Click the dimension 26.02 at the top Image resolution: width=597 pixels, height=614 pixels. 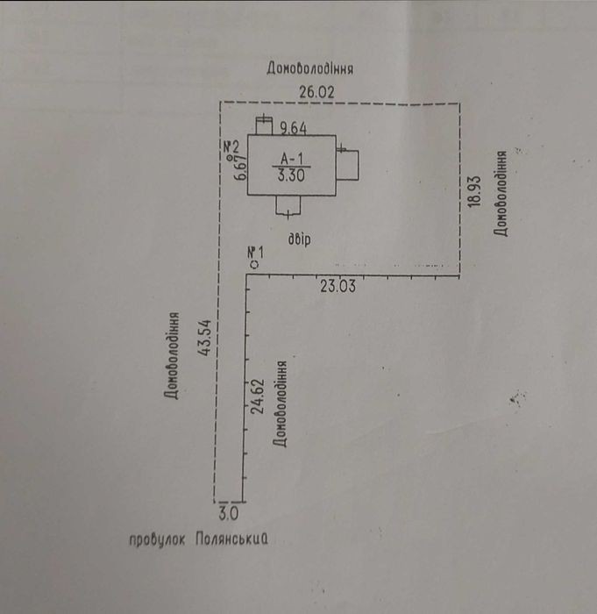[x=317, y=92]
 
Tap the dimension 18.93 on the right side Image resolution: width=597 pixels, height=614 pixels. [x=474, y=191]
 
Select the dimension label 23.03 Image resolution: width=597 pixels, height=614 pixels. [x=338, y=286]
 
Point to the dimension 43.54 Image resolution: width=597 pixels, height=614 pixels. [x=205, y=338]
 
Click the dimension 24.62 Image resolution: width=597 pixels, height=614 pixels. [x=258, y=396]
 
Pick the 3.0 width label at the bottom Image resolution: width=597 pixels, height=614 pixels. [x=228, y=513]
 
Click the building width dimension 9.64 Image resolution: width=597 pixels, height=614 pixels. [x=293, y=128]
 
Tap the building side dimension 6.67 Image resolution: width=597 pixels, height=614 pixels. [x=240, y=168]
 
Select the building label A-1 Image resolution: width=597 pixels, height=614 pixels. [x=292, y=159]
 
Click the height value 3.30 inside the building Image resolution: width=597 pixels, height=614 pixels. [x=291, y=175]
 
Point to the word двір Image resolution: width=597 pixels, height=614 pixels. [x=300, y=239]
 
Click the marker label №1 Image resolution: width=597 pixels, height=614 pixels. [x=256, y=253]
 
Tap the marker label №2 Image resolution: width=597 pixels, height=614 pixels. [x=231, y=147]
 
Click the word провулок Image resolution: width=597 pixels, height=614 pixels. [x=157, y=540]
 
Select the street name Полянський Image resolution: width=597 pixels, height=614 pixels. [x=231, y=539]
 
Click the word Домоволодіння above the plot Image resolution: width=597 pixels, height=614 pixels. [x=310, y=68]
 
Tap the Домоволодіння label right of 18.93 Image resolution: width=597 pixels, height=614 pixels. [x=501, y=194]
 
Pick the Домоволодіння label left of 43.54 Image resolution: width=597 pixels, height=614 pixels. [x=172, y=355]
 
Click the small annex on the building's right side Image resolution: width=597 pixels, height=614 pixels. [x=348, y=165]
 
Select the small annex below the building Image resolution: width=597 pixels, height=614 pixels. [x=288, y=204]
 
